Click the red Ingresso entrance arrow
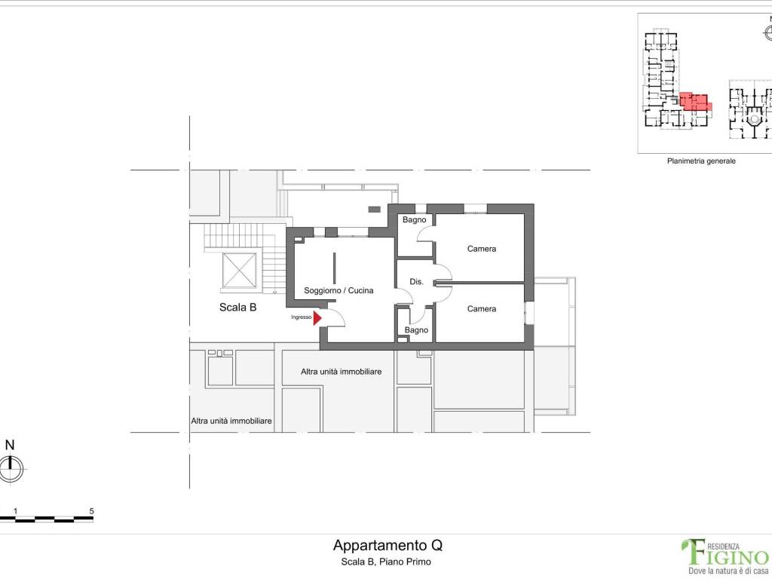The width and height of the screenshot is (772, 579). pyautogui.click(x=317, y=318)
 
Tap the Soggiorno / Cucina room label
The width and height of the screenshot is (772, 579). pyautogui.click(x=339, y=290)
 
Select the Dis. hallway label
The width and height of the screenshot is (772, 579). pyautogui.click(x=416, y=282)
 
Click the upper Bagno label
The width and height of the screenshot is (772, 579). pyautogui.click(x=414, y=219)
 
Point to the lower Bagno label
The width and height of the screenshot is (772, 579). pyautogui.click(x=416, y=330)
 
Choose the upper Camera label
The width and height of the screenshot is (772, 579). pyautogui.click(x=482, y=249)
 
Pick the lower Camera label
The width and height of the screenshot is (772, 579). pyautogui.click(x=482, y=308)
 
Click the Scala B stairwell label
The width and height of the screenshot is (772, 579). pyautogui.click(x=237, y=308)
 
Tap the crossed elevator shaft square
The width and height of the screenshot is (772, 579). pyautogui.click(x=239, y=271)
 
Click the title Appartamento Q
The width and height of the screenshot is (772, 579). pyautogui.click(x=388, y=545)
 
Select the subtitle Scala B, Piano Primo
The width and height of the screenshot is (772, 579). pyautogui.click(x=386, y=562)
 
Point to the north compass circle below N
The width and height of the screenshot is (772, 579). pyautogui.click(x=11, y=469)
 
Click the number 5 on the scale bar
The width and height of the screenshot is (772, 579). pyautogui.click(x=91, y=511)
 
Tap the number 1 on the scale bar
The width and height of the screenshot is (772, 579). pyautogui.click(x=16, y=511)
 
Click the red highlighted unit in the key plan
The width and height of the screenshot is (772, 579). pyautogui.click(x=694, y=102)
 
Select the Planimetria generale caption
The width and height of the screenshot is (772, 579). pyautogui.click(x=701, y=161)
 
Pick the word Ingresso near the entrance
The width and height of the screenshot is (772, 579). pyautogui.click(x=302, y=317)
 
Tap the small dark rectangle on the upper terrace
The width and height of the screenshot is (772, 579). pyautogui.click(x=374, y=210)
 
